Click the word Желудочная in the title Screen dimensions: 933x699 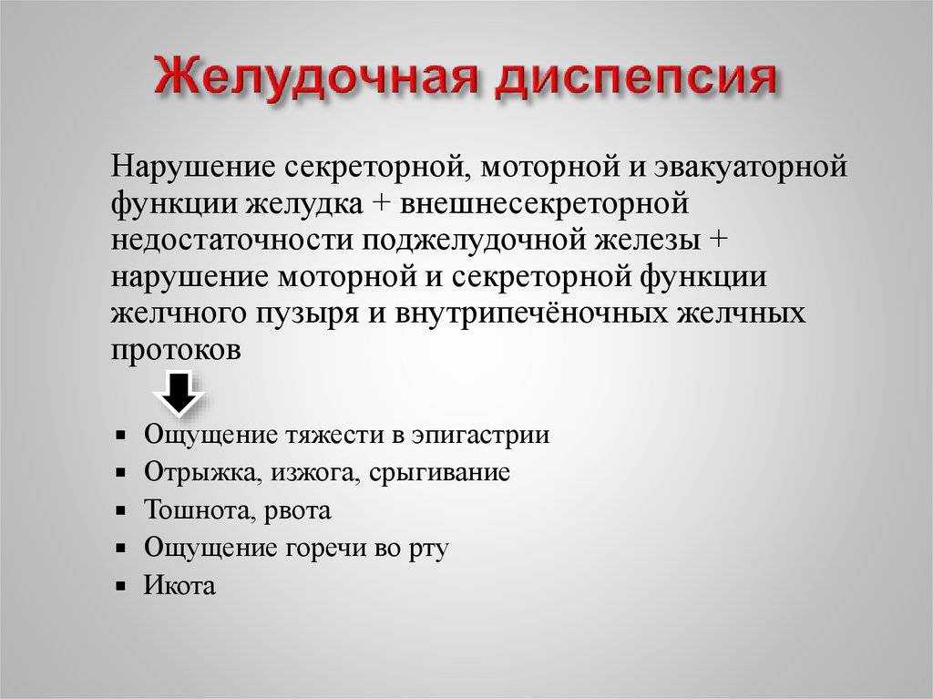pyautogui.click(x=316, y=76)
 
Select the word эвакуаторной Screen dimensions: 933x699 pyautogui.click(x=751, y=167)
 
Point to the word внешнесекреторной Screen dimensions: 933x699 pyautogui.click(x=544, y=203)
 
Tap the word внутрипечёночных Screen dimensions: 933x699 pyautogui.click(x=531, y=314)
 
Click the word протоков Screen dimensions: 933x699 pyautogui.click(x=176, y=351)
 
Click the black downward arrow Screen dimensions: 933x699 pyautogui.click(x=179, y=393)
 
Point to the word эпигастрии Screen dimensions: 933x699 pyautogui.click(x=480, y=437)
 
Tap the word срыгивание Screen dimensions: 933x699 pyautogui.click(x=439, y=474)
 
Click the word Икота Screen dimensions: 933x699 pyautogui.click(x=179, y=585)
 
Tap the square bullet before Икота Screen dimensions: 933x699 pyautogui.click(x=121, y=586)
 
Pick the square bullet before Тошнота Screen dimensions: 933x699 pyautogui.click(x=121, y=511)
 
